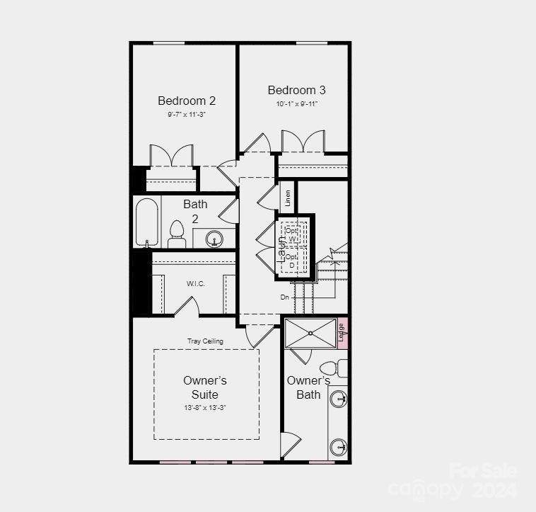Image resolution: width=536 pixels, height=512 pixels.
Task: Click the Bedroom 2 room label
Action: click(x=187, y=101)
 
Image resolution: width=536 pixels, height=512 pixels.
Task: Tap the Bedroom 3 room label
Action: click(x=296, y=91)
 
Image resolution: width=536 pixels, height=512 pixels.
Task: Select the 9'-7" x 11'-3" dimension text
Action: click(x=187, y=115)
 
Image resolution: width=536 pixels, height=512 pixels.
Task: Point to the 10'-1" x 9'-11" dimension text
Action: click(x=297, y=104)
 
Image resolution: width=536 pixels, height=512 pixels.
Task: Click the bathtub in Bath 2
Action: click(x=147, y=222)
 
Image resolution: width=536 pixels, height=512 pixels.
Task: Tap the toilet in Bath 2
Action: click(x=176, y=234)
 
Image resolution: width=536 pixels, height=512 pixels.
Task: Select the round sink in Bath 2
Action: click(x=213, y=239)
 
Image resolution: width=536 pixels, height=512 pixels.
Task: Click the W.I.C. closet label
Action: click(x=196, y=284)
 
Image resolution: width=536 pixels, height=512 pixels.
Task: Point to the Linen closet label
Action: click(x=288, y=198)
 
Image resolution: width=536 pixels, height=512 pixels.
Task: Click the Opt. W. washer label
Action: click(x=292, y=235)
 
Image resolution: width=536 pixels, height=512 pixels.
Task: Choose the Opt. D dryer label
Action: click(x=291, y=261)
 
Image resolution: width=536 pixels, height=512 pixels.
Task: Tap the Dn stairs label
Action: click(x=285, y=297)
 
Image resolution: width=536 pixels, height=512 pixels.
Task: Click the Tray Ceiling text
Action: click(x=205, y=341)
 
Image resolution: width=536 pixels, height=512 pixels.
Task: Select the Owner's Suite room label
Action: click(x=205, y=387)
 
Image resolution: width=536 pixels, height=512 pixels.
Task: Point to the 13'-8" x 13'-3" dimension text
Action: click(x=205, y=408)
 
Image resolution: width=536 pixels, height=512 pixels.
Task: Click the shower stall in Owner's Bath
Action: click(x=310, y=334)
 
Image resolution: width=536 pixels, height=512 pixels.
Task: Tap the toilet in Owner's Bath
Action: click(x=332, y=368)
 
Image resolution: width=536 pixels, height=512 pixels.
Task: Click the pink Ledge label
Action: click(x=342, y=332)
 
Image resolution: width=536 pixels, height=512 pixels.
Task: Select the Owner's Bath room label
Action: click(x=308, y=387)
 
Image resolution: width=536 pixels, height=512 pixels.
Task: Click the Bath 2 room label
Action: click(x=196, y=211)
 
